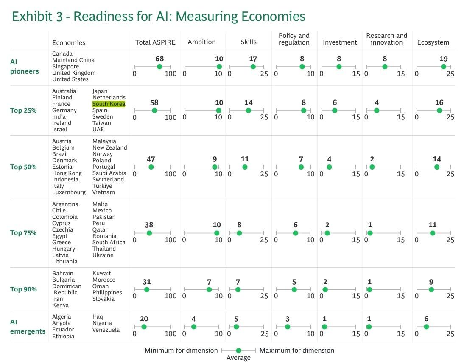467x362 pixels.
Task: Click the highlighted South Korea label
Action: [x=109, y=104]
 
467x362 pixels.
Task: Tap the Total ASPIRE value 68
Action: [x=159, y=59]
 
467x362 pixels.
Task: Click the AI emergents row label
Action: [x=28, y=327]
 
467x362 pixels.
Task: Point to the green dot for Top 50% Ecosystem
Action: [x=437, y=167]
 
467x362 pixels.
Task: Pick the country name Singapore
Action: [x=65, y=67]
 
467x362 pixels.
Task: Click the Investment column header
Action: [x=340, y=42]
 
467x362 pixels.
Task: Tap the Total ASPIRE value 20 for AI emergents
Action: [x=144, y=319]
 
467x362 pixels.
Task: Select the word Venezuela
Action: [x=106, y=330]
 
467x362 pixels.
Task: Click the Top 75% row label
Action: [x=23, y=233]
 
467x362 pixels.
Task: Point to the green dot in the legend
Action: [x=238, y=351]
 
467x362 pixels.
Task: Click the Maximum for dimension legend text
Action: [x=296, y=351]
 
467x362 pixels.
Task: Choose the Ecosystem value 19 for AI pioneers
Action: [x=443, y=59]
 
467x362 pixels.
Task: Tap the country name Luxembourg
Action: [x=69, y=192]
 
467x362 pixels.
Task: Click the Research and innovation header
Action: [x=386, y=39]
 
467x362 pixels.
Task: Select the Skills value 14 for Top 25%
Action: [x=248, y=103]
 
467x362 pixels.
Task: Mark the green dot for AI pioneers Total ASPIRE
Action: [x=159, y=67]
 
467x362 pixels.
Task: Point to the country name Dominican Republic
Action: [x=67, y=289]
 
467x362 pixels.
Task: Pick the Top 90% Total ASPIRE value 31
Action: [x=147, y=282]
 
